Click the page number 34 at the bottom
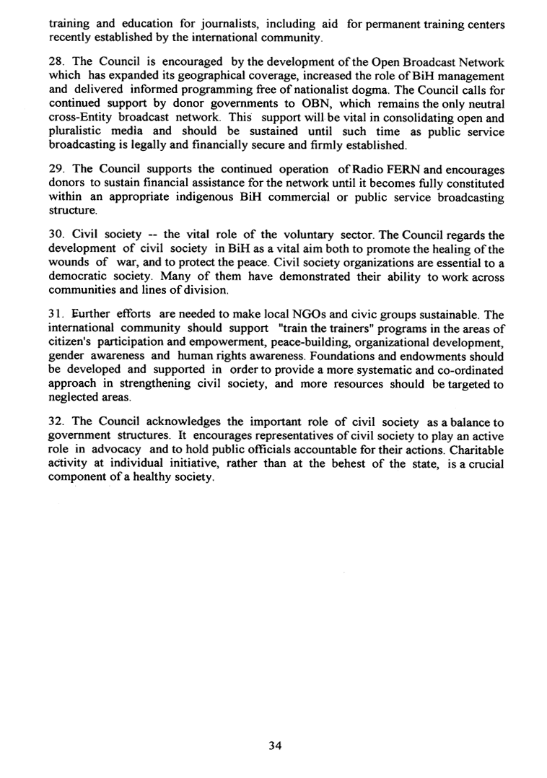273,746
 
